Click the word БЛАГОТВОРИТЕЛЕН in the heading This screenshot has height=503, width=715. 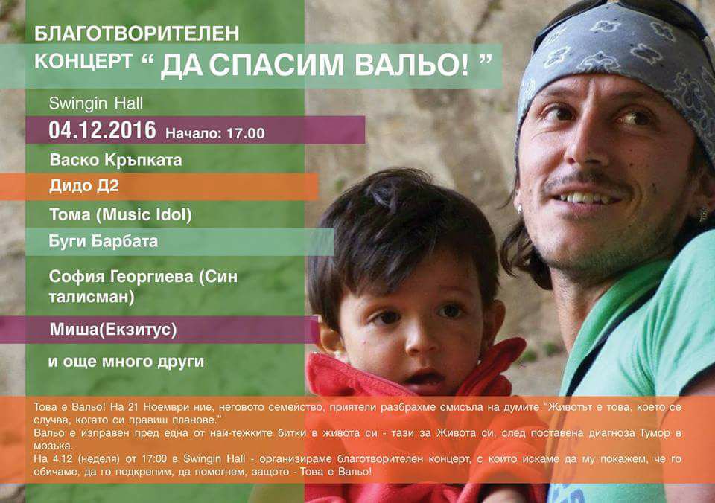pyautogui.click(x=137, y=33)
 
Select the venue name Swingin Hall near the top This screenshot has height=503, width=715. pyautogui.click(x=96, y=104)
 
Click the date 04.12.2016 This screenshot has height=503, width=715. pyautogui.click(x=102, y=130)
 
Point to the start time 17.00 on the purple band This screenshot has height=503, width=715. pyautogui.click(x=246, y=133)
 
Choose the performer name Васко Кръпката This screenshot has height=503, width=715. pyautogui.click(x=116, y=160)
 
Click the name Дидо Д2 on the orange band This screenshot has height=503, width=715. pyautogui.click(x=84, y=186)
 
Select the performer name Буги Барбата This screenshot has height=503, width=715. pyautogui.click(x=104, y=241)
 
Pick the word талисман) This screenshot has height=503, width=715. pyautogui.click(x=92, y=297)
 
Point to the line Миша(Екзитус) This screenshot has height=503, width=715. pyautogui.click(x=113, y=330)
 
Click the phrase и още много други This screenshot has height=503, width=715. pyautogui.click(x=127, y=362)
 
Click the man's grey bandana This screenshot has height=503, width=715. pyautogui.click(x=616, y=60)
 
